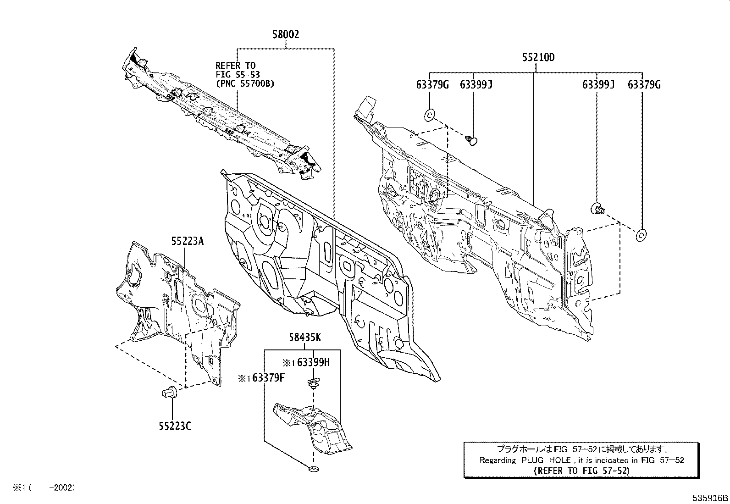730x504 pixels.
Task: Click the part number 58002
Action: pyautogui.click(x=286, y=34)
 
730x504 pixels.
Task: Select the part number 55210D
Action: pyautogui.click(x=538, y=58)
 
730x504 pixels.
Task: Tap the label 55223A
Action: pyautogui.click(x=188, y=240)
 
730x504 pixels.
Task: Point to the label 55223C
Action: pyautogui.click(x=175, y=426)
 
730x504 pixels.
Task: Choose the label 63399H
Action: pyautogui.click(x=313, y=363)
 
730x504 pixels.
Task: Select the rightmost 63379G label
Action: pyautogui.click(x=644, y=85)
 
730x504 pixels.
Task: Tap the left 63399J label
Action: pyautogui.click(x=476, y=85)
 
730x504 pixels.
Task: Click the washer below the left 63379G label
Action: pyautogui.click(x=430, y=115)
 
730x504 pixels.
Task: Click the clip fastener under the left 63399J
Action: pyautogui.click(x=471, y=139)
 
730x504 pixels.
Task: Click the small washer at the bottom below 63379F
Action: pyautogui.click(x=313, y=469)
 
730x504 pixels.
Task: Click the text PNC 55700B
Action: pyautogui.click(x=245, y=83)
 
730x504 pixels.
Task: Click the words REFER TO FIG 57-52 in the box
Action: pyautogui.click(x=582, y=471)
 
